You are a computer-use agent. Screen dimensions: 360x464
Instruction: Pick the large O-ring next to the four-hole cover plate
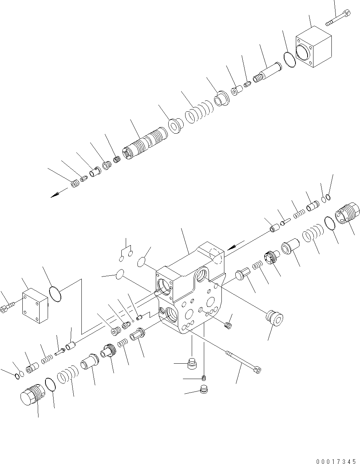(x=55, y=296)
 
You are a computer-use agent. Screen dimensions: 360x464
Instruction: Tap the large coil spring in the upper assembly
(x=199, y=112)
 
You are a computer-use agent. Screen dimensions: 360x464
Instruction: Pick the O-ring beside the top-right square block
(x=290, y=60)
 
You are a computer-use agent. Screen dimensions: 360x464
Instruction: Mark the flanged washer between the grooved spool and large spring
(x=175, y=126)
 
